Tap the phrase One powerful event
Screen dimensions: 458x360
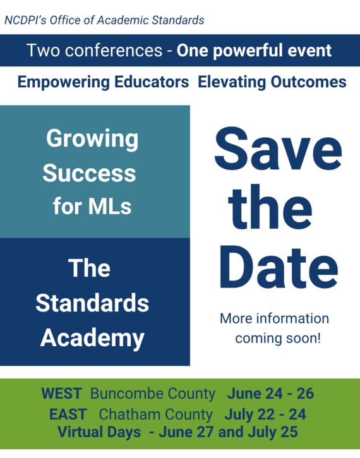[x=254, y=51]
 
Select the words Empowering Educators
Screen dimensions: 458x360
[x=103, y=82]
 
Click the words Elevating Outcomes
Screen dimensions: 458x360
[x=272, y=82]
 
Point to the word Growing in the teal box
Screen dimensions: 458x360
[x=92, y=139]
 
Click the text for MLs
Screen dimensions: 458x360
[x=92, y=207]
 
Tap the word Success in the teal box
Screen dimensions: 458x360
[x=89, y=172]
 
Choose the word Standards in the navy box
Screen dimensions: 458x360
[x=92, y=303]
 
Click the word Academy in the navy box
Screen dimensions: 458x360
[x=92, y=338]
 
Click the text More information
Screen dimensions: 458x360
[x=274, y=318]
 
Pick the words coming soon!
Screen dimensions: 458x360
[x=278, y=339]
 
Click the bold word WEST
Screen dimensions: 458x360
[x=61, y=394]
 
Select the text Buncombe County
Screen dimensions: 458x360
[x=153, y=394]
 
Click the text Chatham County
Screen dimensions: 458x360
[x=155, y=414]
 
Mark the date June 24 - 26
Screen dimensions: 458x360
[x=270, y=394]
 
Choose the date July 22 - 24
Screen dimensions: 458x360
[x=265, y=414]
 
